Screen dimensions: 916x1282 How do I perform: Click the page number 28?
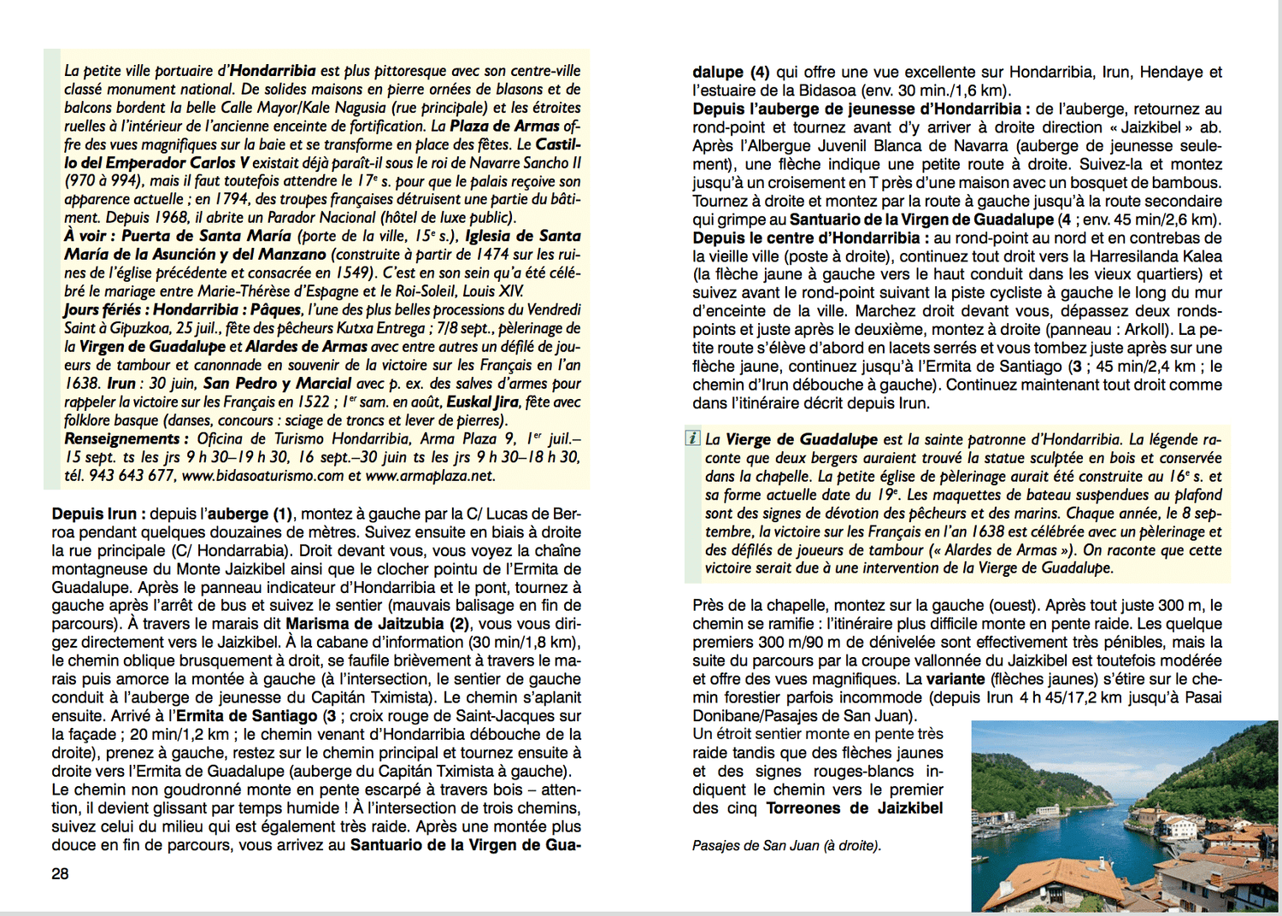click(x=60, y=873)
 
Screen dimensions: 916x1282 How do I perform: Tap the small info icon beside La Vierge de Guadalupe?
click(x=692, y=438)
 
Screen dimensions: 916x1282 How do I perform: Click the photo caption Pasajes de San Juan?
click(x=785, y=845)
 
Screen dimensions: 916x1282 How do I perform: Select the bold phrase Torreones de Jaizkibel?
click(x=855, y=808)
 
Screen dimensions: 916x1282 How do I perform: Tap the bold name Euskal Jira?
click(x=483, y=402)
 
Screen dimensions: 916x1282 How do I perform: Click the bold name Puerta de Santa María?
click(x=206, y=236)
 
